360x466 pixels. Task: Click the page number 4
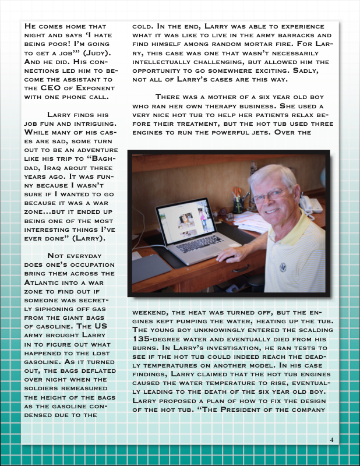[331, 439]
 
